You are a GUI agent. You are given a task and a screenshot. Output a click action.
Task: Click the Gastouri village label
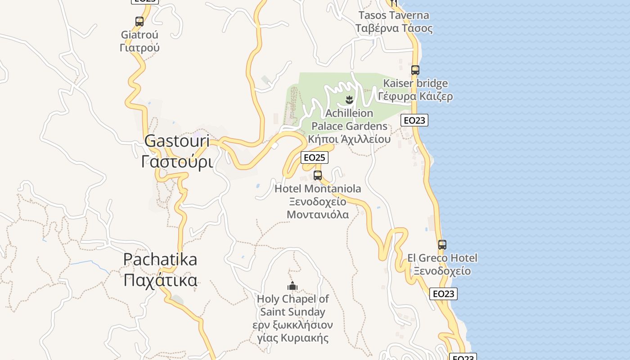pyautogui.click(x=177, y=141)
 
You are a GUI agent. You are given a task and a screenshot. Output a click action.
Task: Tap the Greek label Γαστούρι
pyautogui.click(x=177, y=161)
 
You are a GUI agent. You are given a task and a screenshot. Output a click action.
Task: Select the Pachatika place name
pyautogui.click(x=160, y=260)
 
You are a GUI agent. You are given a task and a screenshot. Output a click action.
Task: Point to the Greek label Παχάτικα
pyautogui.click(x=160, y=280)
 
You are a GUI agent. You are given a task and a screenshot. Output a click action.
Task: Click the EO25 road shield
pyautogui.click(x=314, y=157)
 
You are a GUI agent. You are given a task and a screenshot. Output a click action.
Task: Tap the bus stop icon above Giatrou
pyautogui.click(x=139, y=21)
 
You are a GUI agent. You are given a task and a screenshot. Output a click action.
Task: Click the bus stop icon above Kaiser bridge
pyautogui.click(x=415, y=70)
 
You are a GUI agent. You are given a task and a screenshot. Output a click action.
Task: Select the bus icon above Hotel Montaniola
pyautogui.click(x=318, y=175)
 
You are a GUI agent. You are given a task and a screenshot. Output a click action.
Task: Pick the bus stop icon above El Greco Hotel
pyautogui.click(x=442, y=245)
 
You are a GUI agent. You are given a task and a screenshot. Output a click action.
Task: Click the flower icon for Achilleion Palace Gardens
pyautogui.click(x=349, y=99)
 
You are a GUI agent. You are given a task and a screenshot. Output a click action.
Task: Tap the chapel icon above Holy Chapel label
pyautogui.click(x=292, y=286)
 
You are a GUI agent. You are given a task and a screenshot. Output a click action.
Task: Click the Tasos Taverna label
pyautogui.click(x=394, y=15)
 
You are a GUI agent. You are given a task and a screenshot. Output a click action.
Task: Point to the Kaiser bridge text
pyautogui.click(x=415, y=83)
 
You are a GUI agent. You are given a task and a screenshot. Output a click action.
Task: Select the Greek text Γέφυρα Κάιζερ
pyautogui.click(x=415, y=96)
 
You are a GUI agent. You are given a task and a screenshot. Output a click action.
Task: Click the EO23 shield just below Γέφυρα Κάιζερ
pyautogui.click(x=414, y=120)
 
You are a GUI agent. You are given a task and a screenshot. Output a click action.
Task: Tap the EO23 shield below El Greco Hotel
pyautogui.click(x=443, y=294)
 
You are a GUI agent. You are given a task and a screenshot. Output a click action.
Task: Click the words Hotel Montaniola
pyautogui.click(x=318, y=189)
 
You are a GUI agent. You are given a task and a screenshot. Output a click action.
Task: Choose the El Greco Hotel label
pyautogui.click(x=442, y=258)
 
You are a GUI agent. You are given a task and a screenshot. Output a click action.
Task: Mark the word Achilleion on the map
pyautogui.click(x=349, y=113)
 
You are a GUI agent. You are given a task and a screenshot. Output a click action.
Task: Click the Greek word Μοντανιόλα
pyautogui.click(x=318, y=214)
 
